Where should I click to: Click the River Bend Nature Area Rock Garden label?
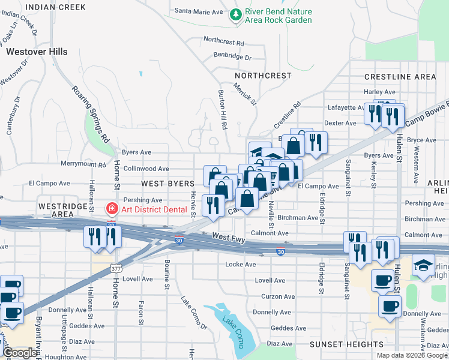[x=279, y=16]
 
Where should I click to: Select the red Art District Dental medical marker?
[x=111, y=209]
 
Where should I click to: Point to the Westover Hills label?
[x=37, y=52]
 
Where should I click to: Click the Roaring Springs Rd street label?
[x=91, y=114]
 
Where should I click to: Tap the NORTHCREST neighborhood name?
[x=263, y=76]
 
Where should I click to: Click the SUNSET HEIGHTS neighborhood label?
[x=346, y=344]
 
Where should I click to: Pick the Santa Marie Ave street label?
[x=198, y=11]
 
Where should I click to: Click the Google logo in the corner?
[x=20, y=353]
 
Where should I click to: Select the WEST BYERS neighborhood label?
[x=167, y=182]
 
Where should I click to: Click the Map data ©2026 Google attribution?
[x=411, y=355]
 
